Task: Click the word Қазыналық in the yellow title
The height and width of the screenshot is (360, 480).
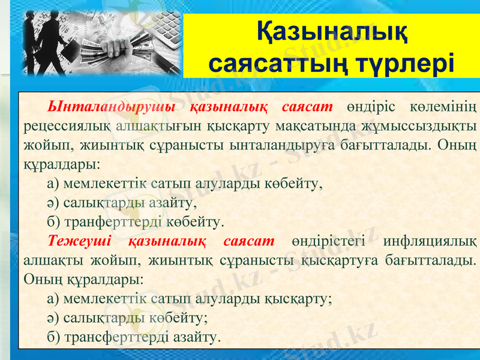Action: (x=331, y=31)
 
